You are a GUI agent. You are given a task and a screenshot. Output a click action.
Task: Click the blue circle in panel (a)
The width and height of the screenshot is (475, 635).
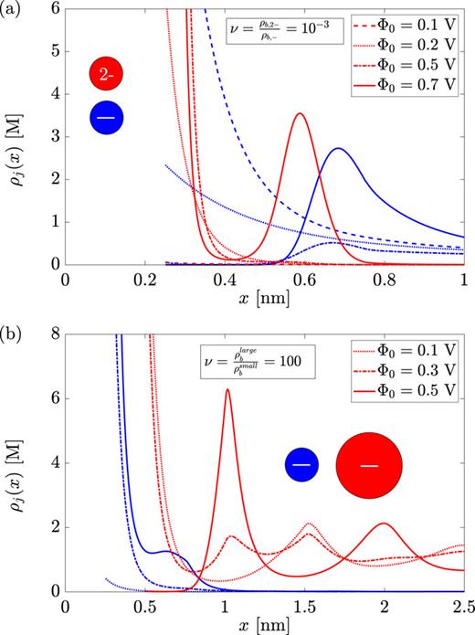(x=108, y=118)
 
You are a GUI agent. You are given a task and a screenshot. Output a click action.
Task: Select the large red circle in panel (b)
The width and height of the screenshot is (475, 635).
(x=368, y=466)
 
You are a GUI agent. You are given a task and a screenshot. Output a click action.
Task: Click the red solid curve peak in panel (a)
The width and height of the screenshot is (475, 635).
(x=300, y=114)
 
